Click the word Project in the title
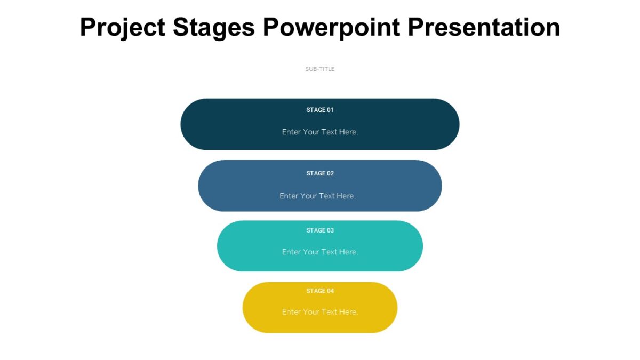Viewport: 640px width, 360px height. (123, 27)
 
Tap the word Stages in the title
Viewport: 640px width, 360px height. (214, 27)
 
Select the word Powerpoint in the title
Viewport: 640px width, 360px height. (331, 27)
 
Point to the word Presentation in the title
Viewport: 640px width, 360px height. (484, 27)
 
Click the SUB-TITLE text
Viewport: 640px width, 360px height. (320, 69)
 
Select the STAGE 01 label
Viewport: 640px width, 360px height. (320, 110)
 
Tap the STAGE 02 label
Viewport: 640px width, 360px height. (320, 173)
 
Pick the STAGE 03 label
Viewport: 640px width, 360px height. (320, 230)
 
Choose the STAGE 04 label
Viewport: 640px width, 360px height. (320, 291)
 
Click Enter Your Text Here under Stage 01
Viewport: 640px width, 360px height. (320, 132)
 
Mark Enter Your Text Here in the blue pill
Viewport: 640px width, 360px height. (317, 196)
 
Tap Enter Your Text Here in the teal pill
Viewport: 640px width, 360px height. (320, 252)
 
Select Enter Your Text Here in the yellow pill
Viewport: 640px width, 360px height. (320, 311)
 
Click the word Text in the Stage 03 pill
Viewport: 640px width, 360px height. (330, 252)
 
